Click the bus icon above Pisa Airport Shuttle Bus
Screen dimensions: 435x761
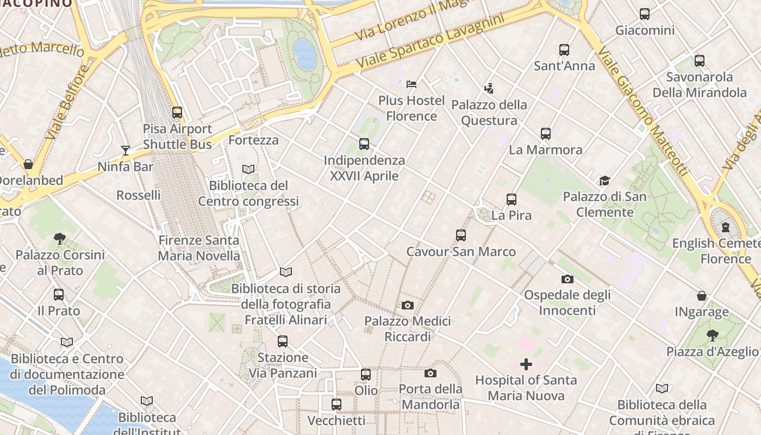click(177, 113)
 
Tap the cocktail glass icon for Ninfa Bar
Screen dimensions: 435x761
click(126, 150)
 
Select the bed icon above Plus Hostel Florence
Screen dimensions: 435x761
click(411, 84)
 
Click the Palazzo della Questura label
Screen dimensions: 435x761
click(489, 113)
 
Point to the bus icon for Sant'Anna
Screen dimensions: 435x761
click(564, 50)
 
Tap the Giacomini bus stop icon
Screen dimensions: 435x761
click(645, 14)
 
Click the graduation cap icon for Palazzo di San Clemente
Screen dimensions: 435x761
click(604, 181)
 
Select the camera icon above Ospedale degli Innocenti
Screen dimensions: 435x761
click(567, 279)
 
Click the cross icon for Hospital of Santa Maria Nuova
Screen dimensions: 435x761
click(526, 364)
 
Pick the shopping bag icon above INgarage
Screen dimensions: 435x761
click(702, 296)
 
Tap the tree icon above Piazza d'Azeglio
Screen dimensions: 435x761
click(712, 335)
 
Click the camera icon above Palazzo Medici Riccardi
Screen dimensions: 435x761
click(408, 305)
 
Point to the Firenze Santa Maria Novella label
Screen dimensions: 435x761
click(198, 248)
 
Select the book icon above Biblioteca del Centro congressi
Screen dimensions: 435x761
click(248, 169)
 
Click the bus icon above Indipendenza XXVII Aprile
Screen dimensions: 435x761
click(364, 144)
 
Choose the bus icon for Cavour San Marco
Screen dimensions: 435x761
click(461, 235)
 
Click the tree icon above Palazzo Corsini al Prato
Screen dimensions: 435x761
click(60, 238)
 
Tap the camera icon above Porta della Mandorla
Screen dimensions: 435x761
click(431, 373)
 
